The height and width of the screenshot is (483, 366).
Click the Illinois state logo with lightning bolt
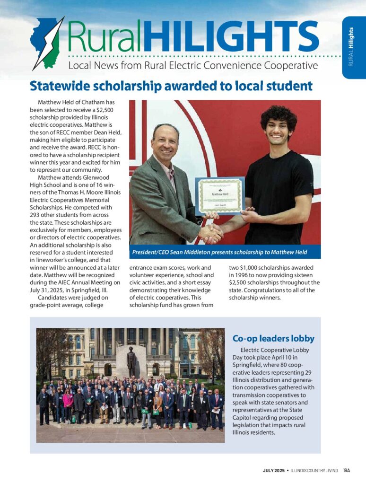[x=46, y=43]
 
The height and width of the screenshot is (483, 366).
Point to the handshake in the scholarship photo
[x=211, y=232]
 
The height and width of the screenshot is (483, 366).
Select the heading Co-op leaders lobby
[x=273, y=338]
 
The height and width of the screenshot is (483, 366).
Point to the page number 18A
[x=347, y=470]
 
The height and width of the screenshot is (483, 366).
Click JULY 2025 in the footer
[x=273, y=470]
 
